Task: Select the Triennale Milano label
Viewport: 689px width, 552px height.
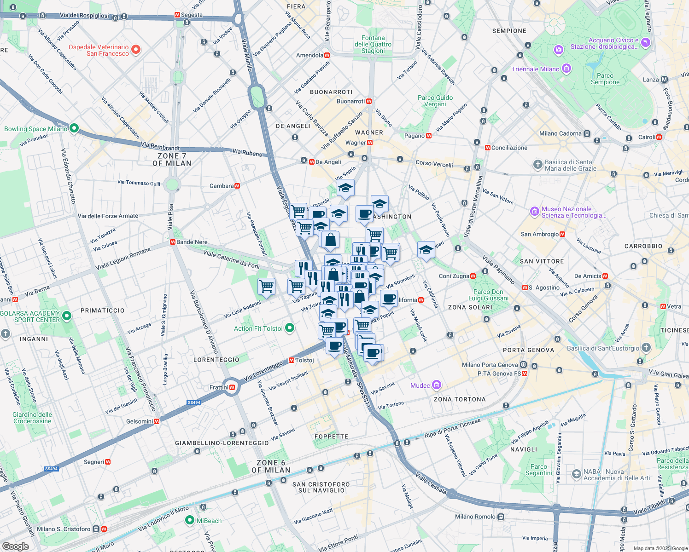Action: coord(535,69)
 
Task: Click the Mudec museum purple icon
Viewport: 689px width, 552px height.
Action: coord(437,385)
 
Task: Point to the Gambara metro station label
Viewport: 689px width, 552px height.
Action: coord(222,186)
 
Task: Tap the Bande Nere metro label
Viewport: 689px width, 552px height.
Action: coord(192,242)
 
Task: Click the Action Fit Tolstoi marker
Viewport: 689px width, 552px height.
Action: coord(290,328)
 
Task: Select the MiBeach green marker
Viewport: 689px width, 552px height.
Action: coord(189,520)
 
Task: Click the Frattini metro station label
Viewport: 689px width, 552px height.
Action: coord(219,387)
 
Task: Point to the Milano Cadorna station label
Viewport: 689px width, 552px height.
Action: coord(560,133)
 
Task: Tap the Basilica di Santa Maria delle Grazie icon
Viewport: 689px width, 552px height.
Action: coord(537,164)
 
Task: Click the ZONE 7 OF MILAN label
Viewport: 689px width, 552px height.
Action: coord(171,160)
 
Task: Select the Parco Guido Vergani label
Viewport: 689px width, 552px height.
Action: coord(435,101)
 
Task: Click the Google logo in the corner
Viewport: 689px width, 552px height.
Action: coord(15,546)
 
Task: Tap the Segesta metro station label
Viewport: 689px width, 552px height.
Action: coord(191,15)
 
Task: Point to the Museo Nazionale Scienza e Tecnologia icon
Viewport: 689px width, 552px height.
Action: coord(534,212)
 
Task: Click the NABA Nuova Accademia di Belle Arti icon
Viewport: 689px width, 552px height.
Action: coord(576,474)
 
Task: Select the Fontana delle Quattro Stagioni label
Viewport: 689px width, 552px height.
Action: coord(373,44)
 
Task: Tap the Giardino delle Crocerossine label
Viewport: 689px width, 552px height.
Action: coord(32,418)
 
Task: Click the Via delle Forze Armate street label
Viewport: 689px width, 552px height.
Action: coord(108,216)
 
